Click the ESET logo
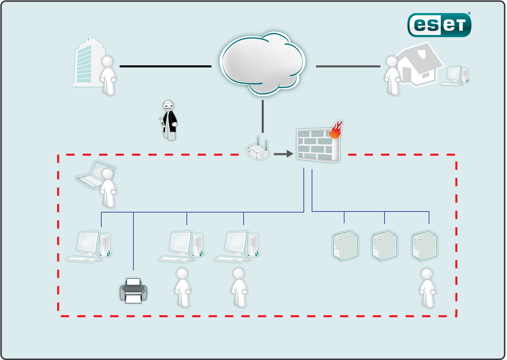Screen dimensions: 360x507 point(439,25)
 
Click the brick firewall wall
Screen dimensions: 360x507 point(317,146)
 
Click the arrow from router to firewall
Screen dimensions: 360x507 point(283,154)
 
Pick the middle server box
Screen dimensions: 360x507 point(385,246)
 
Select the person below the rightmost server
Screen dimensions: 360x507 point(427,288)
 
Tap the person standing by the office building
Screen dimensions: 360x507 point(108,76)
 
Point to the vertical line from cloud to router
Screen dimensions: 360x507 point(263,116)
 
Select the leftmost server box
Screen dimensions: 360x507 point(346,246)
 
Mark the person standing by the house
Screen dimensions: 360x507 point(392,76)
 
